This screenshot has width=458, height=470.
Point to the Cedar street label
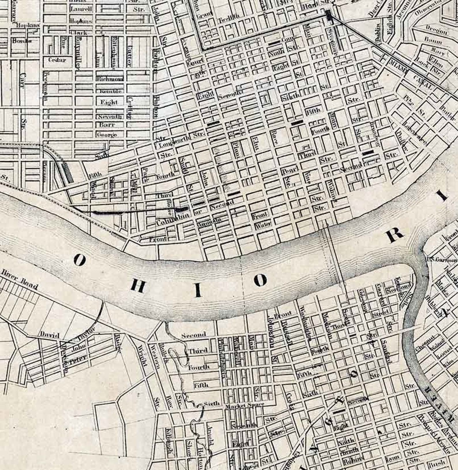(57, 60)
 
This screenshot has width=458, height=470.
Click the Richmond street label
(110, 79)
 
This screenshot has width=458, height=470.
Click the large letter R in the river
(394, 237)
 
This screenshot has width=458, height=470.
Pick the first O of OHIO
(79, 260)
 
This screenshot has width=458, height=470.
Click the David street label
(50, 335)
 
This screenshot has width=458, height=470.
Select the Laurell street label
(81, 9)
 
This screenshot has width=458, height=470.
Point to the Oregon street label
(437, 29)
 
